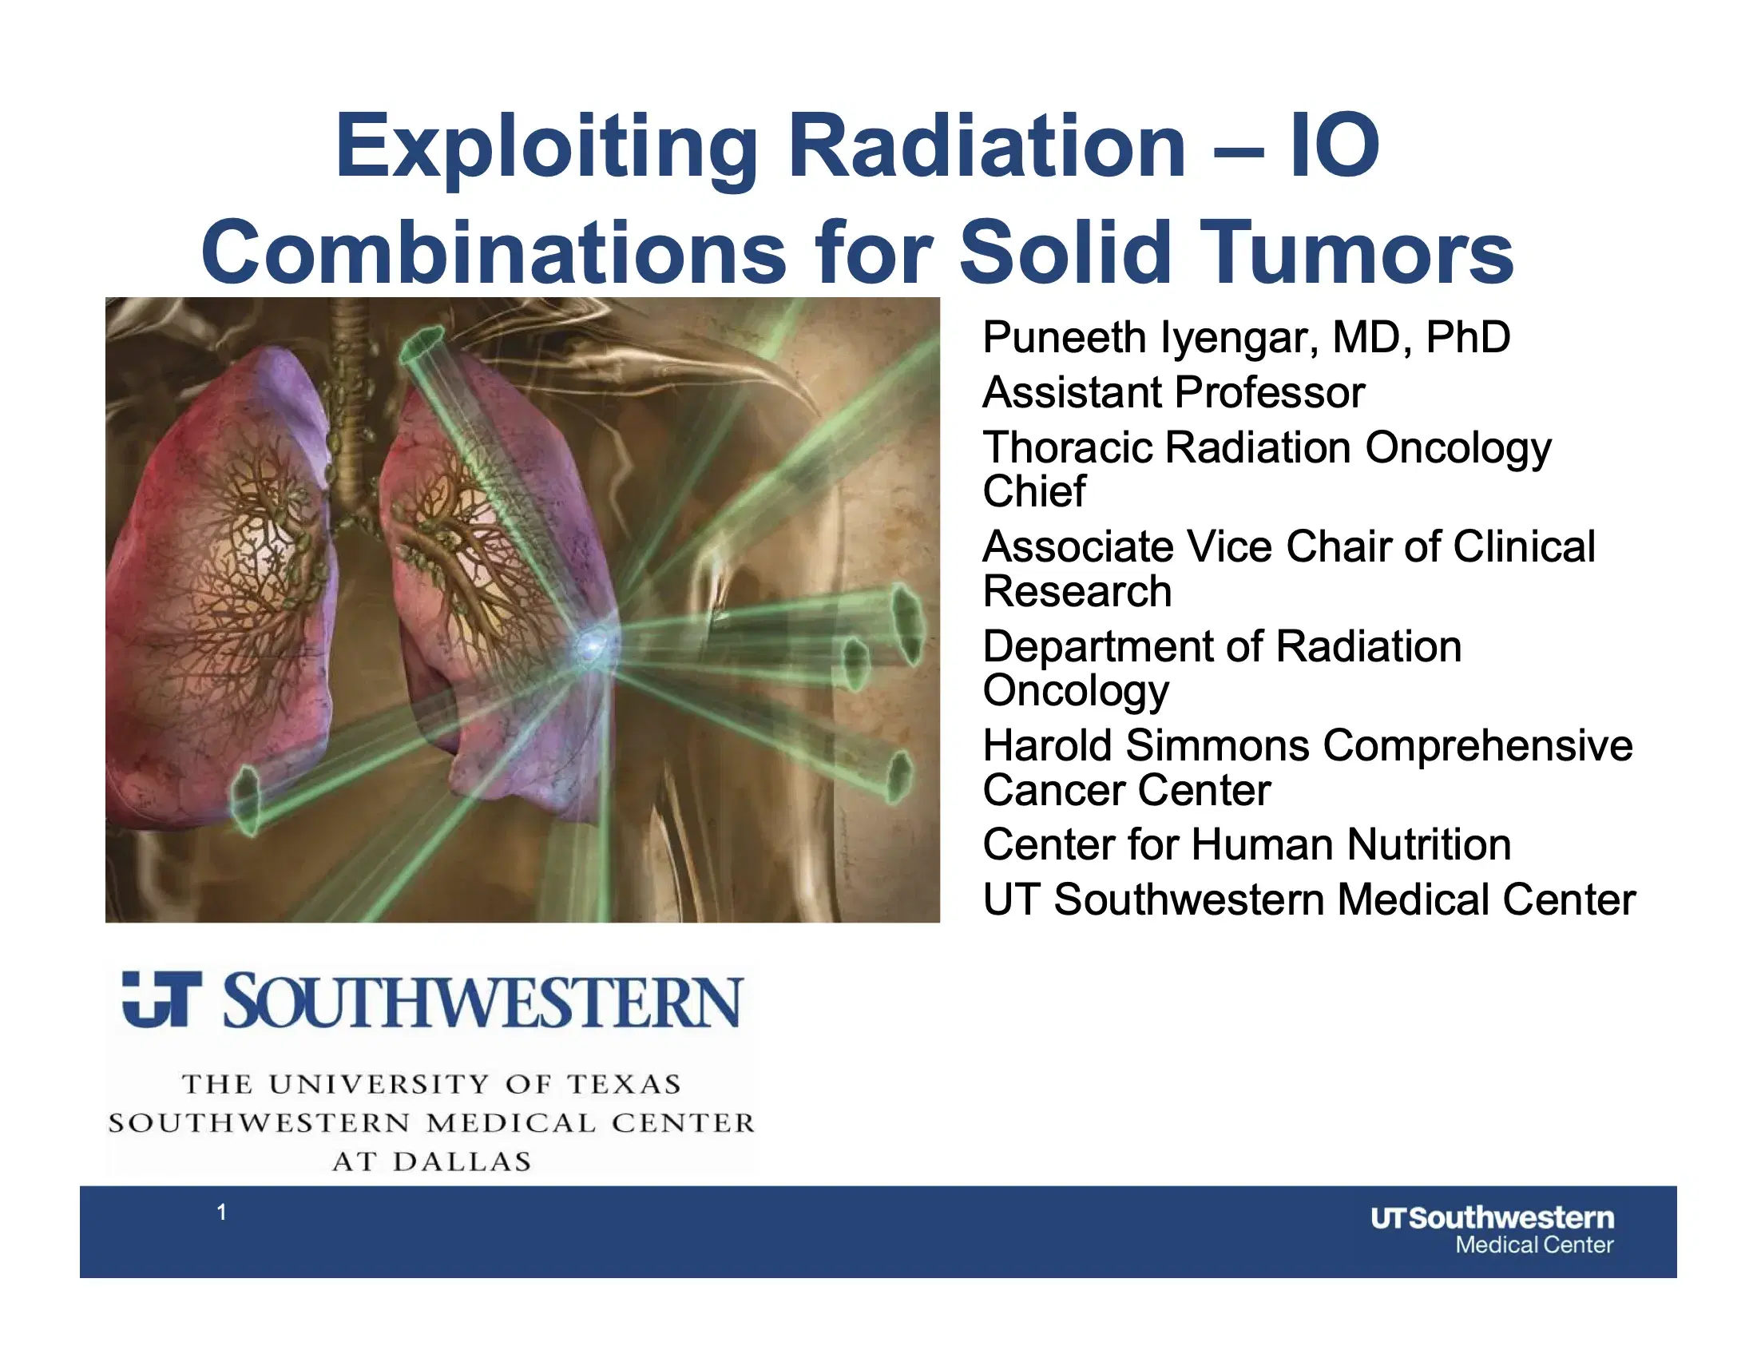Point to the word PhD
click(1467, 337)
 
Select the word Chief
click(1033, 491)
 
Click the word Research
click(1077, 591)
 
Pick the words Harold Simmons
click(1145, 746)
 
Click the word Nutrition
click(1428, 844)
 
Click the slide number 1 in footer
click(221, 1212)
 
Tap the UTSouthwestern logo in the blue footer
click(1492, 1230)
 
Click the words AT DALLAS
click(432, 1161)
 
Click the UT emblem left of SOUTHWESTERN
click(161, 1000)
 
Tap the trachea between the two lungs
click(351, 403)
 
